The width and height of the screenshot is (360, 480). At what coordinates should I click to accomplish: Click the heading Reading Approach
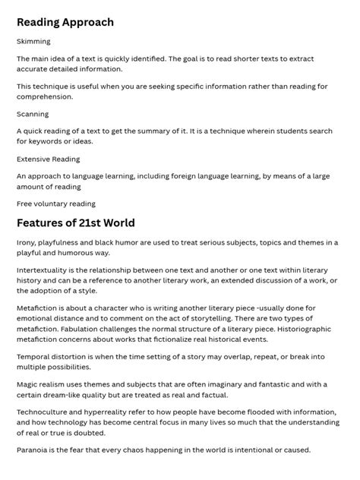(x=65, y=22)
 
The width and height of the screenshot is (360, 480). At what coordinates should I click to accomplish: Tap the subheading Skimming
(x=33, y=42)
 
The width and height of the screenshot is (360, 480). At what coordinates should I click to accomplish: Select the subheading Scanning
(x=33, y=114)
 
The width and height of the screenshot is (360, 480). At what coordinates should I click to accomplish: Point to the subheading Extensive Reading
(x=48, y=159)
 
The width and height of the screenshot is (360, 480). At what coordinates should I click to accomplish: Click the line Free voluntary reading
(x=56, y=204)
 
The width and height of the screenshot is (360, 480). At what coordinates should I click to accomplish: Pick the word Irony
(x=28, y=242)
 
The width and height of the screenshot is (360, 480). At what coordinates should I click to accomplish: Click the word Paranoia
(x=35, y=450)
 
